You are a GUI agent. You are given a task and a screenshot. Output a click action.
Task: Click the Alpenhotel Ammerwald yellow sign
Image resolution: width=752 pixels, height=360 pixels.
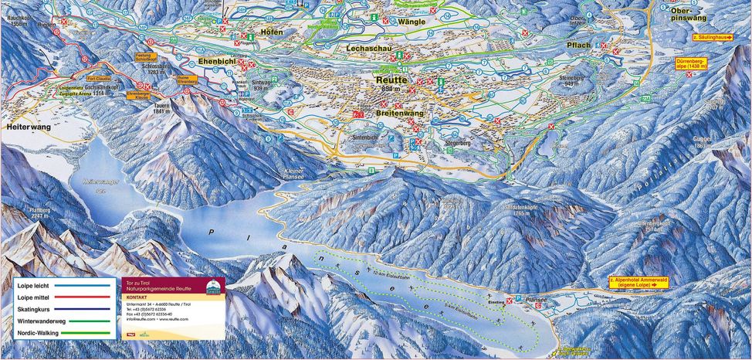click(x=638, y=282)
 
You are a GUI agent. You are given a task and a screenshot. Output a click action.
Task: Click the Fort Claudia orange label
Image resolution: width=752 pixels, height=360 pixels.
click(x=99, y=79)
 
